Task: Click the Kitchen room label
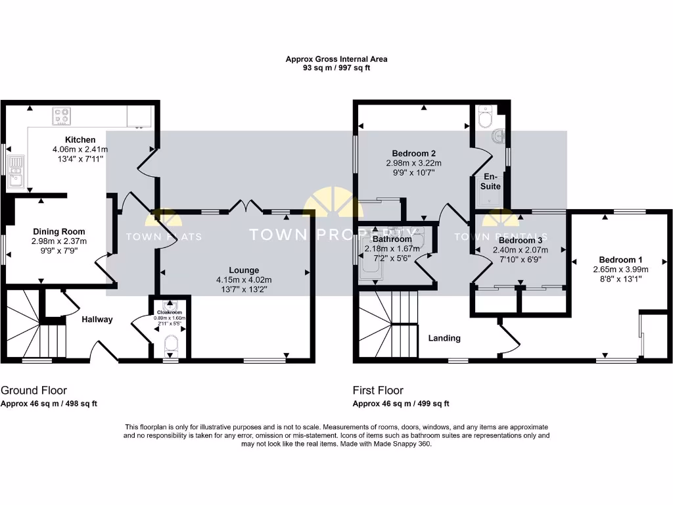(x=80, y=140)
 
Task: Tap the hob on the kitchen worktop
(x=63, y=116)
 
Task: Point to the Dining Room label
(x=59, y=231)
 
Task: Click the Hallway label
(x=97, y=320)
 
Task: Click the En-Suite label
(x=493, y=181)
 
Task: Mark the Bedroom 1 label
(x=621, y=260)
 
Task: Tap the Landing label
(x=444, y=339)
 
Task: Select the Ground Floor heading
(x=34, y=391)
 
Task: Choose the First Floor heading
(x=378, y=391)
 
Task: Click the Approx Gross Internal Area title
(x=336, y=59)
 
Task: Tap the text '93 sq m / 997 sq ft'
(x=336, y=68)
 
